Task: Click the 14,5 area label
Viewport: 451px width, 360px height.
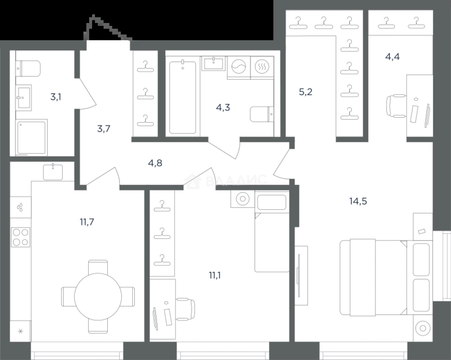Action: point(358,201)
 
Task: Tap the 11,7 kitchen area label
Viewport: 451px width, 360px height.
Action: point(87,222)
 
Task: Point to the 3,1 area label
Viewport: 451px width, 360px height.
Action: point(56,97)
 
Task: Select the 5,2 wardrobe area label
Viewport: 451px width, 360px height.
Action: point(306,92)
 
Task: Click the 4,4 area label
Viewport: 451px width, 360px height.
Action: point(392,56)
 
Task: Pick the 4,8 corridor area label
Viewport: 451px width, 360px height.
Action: point(155,163)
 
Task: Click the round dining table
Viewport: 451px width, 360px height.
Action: point(98,297)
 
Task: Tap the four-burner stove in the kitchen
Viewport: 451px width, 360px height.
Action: point(20,237)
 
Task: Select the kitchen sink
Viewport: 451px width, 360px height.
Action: point(53,172)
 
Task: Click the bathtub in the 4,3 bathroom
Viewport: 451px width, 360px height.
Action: point(183,97)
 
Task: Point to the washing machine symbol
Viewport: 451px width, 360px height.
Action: point(239,66)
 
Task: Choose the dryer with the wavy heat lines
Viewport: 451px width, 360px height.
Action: point(262,66)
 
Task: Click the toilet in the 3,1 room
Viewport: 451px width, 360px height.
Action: point(28,69)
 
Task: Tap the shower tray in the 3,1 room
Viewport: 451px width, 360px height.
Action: point(31,138)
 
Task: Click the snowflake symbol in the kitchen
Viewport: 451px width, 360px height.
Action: point(20,331)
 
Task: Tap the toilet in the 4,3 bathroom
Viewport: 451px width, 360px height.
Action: point(262,114)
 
